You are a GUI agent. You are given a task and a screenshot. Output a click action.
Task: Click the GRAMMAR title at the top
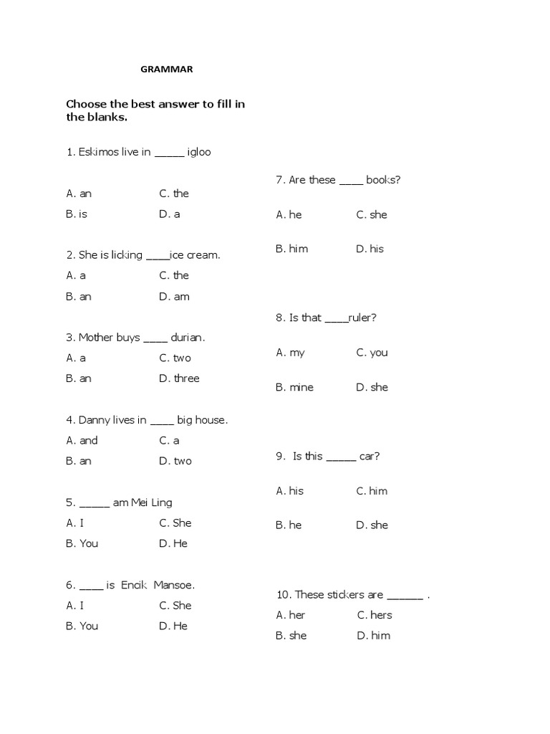tap(165, 70)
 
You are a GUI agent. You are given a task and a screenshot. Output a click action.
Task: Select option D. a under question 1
tap(169, 214)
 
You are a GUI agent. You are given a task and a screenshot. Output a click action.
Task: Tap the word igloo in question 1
tap(199, 152)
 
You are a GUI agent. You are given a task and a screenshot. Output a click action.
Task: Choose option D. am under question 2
tap(174, 296)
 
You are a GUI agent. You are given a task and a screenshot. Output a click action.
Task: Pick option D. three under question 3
tap(179, 378)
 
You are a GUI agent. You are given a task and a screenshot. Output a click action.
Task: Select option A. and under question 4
tap(82, 440)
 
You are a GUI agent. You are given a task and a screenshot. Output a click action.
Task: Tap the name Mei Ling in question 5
tap(152, 502)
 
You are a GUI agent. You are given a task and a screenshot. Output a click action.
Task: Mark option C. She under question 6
tap(175, 605)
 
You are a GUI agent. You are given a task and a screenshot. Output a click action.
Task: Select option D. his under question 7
tap(370, 249)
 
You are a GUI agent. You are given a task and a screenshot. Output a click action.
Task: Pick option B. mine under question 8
tap(294, 387)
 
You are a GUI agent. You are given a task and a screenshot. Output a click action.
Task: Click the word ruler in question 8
tap(360, 318)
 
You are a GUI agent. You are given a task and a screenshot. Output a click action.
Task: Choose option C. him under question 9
tap(372, 490)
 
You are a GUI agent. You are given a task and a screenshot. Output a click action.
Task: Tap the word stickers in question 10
tap(346, 594)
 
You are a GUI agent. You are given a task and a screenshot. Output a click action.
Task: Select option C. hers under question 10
tap(374, 615)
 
